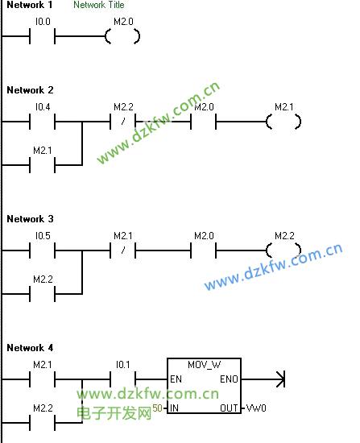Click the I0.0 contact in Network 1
(43, 36)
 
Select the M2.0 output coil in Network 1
(122, 36)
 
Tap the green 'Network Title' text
(98, 5)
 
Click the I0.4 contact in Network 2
(43, 122)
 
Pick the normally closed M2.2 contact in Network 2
(123, 122)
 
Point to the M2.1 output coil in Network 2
(283, 122)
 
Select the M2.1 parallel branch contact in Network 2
(43, 165)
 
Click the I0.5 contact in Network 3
(43, 250)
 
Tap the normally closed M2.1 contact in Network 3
(123, 250)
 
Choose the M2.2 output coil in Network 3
(283, 250)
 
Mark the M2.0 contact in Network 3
(204, 250)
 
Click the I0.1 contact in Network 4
(123, 379)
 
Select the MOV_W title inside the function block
(204, 365)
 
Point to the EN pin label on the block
(176, 379)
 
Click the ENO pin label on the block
(230, 379)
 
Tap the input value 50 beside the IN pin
(157, 408)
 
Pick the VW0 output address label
(256, 408)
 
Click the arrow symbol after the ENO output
(280, 379)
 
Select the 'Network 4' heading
(30, 348)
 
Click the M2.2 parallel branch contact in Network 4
(43, 423)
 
